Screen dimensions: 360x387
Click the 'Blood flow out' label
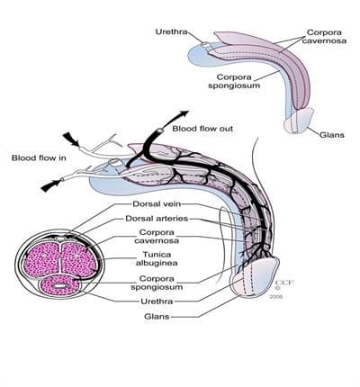pos(202,129)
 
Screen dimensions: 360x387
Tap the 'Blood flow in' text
pos(39,157)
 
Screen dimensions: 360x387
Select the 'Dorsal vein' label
pos(157,204)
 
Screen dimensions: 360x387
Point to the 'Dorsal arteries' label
pos(157,219)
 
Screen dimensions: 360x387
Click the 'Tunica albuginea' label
pos(157,259)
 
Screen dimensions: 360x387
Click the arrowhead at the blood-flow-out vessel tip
pos(184,113)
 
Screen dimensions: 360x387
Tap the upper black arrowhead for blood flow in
pos(71,139)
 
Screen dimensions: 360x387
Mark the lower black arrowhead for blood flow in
pos(50,185)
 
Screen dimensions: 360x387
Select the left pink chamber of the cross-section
pos(42,259)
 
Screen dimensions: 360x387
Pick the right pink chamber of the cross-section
pos(78,259)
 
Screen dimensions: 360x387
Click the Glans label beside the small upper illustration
pos(331,135)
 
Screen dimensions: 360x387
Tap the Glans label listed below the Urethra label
pos(157,317)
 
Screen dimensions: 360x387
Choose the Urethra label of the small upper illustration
pos(171,31)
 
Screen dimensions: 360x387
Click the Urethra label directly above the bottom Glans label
pos(157,301)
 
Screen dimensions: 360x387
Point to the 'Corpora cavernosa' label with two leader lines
pos(324,36)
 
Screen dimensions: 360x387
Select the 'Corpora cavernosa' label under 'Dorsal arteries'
pos(157,237)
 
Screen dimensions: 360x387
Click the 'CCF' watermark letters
pos(284,283)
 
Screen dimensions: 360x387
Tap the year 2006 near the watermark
pos(276,297)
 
